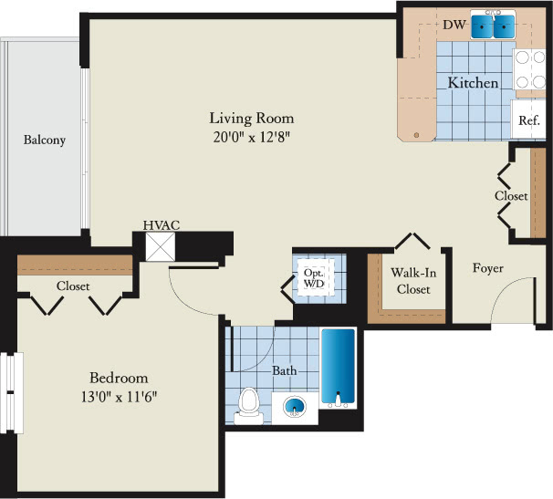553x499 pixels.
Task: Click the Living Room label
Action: coord(252,119)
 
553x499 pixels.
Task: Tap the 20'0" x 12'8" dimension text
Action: coord(252,137)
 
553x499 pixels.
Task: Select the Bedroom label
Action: coord(119,378)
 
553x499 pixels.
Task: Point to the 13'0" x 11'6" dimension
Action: coord(119,397)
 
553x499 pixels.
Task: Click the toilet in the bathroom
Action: coord(249,406)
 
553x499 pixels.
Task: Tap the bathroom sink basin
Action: coord(295,407)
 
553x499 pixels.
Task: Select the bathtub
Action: coord(338,369)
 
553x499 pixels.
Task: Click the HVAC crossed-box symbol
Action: coord(161,247)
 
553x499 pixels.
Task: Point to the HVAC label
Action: coord(162,225)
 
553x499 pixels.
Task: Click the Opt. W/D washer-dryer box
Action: coord(314,278)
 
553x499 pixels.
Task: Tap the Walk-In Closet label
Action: coord(413,281)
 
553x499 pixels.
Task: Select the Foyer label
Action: coord(488,268)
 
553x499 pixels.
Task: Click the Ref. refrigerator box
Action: coord(528,120)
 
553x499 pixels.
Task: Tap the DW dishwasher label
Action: coord(454,25)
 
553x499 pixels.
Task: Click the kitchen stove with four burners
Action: coord(530,69)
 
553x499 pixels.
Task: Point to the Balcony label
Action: coord(45,140)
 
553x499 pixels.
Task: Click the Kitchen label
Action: coord(473,83)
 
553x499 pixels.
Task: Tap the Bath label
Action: coord(285,370)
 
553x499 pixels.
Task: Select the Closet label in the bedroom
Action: coord(73,286)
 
